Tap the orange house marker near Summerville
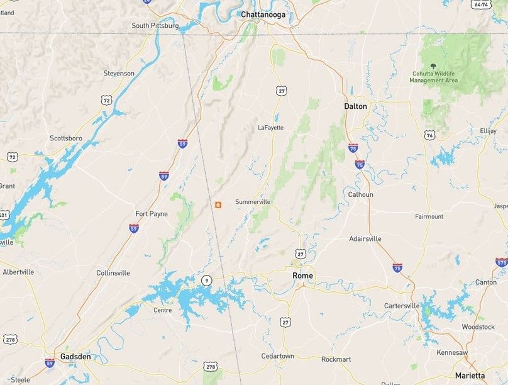(218, 205)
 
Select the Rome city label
(302, 276)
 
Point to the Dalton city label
(355, 106)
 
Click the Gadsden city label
(75, 356)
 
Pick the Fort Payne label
(152, 214)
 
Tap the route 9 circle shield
(206, 280)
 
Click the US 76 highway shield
(429, 135)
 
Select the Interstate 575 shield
(501, 262)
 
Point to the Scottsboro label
(66, 138)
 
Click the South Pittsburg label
(155, 26)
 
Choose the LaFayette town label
(270, 127)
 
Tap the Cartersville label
(402, 306)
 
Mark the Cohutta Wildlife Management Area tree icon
(433, 65)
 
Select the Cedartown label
(278, 356)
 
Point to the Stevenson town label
(119, 74)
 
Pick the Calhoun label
(361, 194)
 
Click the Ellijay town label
(488, 130)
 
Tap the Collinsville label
(113, 273)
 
